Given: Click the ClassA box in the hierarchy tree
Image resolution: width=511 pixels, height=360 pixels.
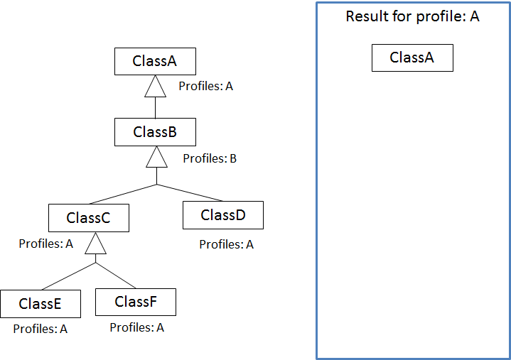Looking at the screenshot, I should pos(155,61).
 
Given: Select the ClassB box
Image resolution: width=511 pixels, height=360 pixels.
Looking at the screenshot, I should pos(155,132).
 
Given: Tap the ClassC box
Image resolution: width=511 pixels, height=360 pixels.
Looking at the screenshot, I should pos(88,218).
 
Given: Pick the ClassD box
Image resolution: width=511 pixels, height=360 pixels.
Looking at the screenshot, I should pos(222,215).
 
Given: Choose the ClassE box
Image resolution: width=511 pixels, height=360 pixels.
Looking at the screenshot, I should pos(40,304).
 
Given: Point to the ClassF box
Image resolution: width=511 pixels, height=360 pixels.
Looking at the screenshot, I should pos(135,302).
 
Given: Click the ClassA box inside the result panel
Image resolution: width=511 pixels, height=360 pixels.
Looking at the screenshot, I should pos(412,58).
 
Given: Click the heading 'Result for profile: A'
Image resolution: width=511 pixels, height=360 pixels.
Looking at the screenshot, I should pos(412,16).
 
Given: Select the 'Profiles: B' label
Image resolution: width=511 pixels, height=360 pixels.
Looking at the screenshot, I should pos(210,158).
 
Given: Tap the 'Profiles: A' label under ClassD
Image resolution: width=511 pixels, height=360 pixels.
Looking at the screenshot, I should pos(226,244).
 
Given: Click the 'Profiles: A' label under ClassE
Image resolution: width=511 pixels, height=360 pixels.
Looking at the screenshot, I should pos(40,329).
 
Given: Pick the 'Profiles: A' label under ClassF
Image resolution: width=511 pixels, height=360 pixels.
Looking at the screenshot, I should pos(136,327).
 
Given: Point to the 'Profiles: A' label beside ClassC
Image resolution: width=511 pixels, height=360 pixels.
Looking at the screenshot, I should pos(45,244).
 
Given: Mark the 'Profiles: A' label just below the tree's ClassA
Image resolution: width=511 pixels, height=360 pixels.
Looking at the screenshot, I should pos(205,86).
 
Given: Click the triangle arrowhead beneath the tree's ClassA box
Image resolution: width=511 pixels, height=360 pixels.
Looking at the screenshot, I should pos(156,87).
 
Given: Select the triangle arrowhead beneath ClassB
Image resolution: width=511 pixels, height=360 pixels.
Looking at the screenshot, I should pos(156,158).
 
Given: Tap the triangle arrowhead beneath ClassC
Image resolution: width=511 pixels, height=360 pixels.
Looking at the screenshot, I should pos(95,244).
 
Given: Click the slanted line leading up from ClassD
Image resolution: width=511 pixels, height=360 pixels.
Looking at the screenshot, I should pos(190,193).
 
